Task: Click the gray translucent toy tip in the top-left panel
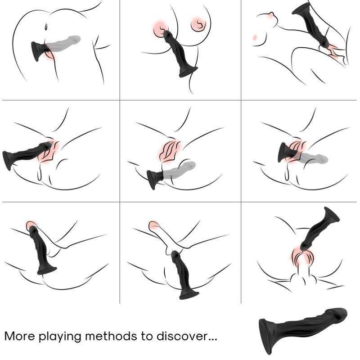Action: pos(72,40)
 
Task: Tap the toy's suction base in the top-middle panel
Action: pos(188,71)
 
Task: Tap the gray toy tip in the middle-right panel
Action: pos(319,158)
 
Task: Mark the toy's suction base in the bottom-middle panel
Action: pos(189,295)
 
